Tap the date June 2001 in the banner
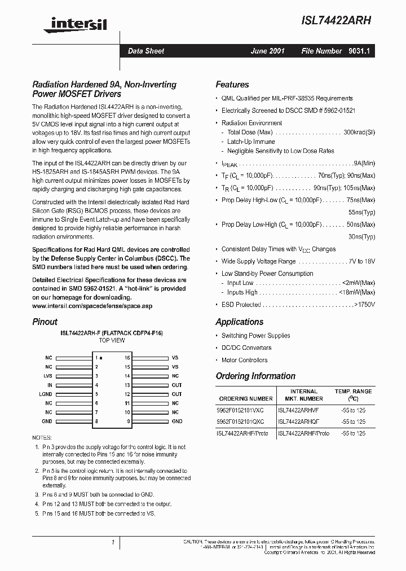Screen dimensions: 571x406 (268, 51)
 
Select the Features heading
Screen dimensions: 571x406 (232, 85)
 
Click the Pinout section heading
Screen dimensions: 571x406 (45, 322)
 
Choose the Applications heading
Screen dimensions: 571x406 (239, 322)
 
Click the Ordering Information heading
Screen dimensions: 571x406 (255, 376)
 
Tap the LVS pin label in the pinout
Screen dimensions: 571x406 (48, 376)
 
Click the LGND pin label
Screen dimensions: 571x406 (46, 394)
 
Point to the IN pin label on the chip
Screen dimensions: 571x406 (50, 385)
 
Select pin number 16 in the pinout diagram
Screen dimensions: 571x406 (127, 358)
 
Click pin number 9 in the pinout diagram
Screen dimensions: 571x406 (129, 421)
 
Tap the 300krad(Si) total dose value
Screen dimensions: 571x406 (359, 132)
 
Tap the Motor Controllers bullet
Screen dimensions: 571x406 (244, 360)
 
